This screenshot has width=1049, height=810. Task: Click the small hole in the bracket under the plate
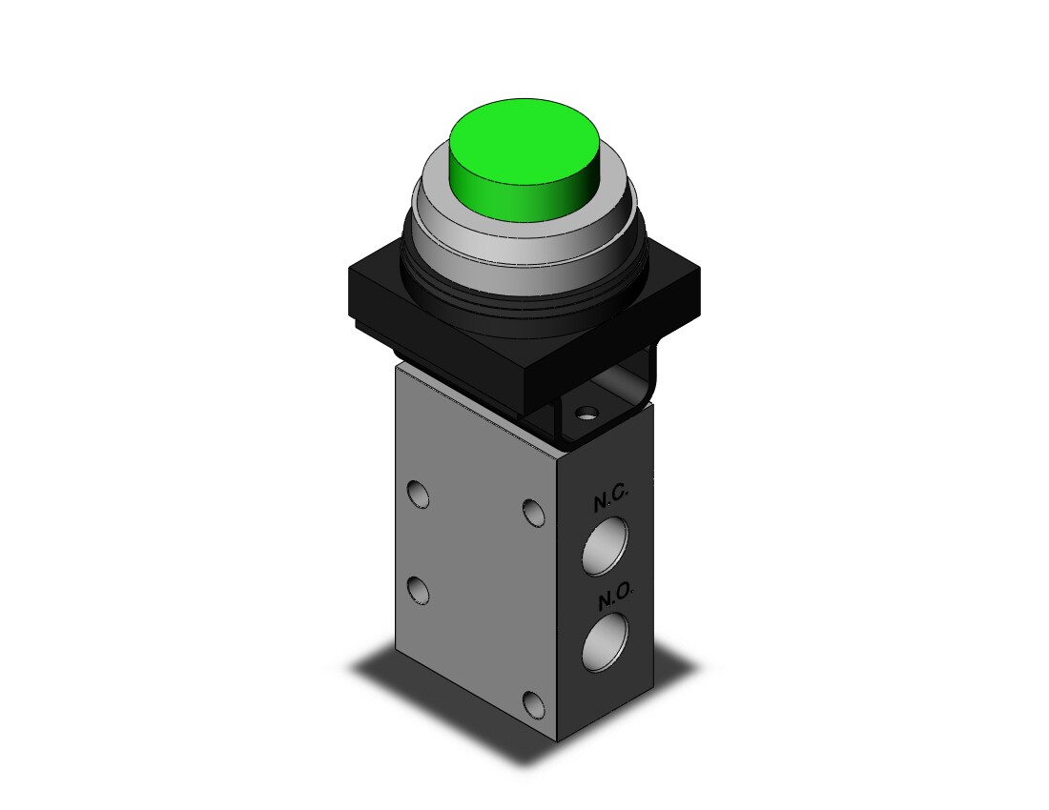pos(586,414)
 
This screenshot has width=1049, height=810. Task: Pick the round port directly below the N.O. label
pos(605,642)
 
